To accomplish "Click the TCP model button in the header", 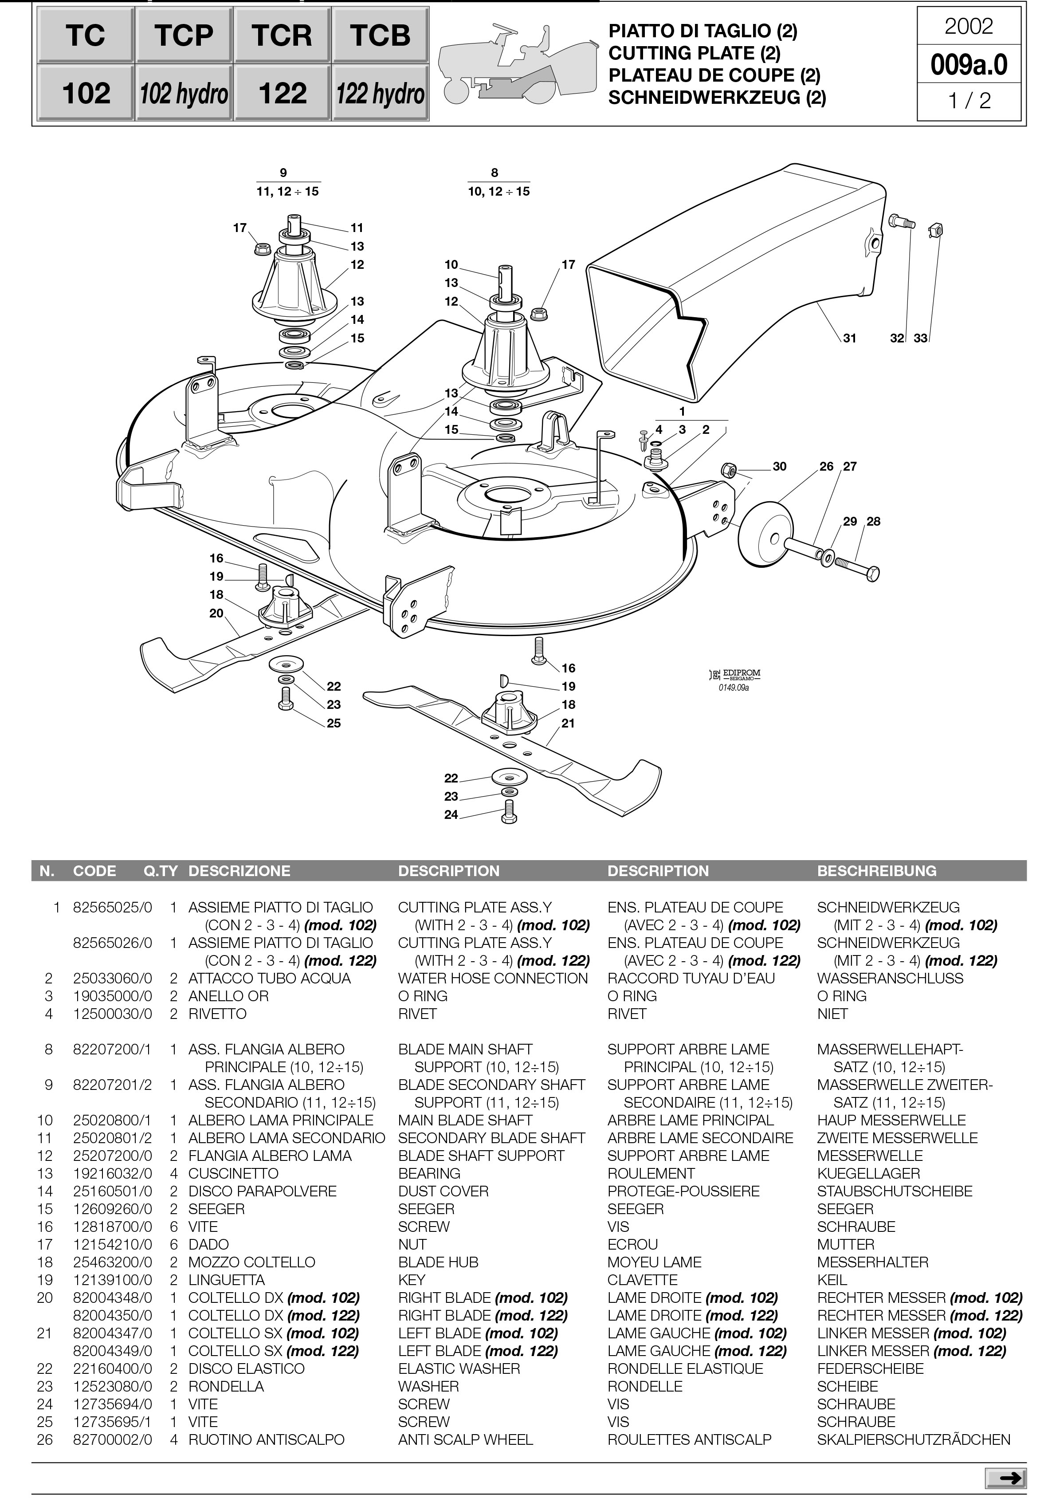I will [183, 35].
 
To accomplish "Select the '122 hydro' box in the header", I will [380, 93].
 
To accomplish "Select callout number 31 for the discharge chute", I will [849, 338].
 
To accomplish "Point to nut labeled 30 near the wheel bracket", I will [729, 470].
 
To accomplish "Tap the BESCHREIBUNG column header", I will [876, 871].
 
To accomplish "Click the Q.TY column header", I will [160, 871].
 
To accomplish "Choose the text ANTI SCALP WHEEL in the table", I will [465, 1439].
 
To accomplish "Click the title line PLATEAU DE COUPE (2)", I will [714, 75].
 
